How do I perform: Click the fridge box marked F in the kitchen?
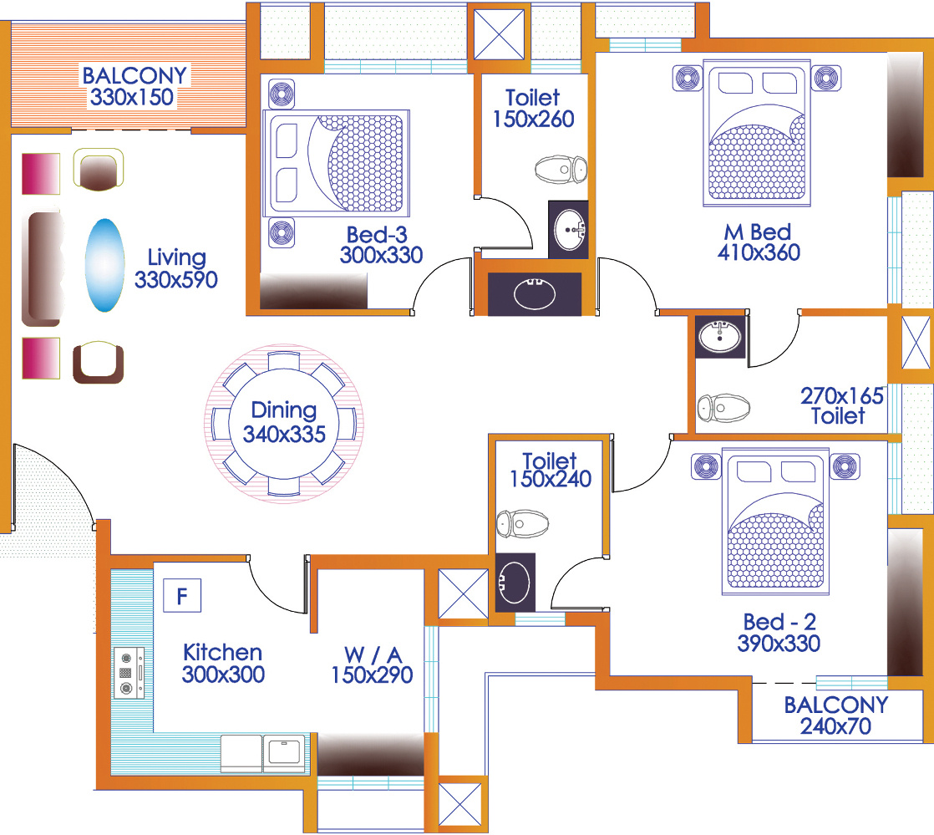(x=182, y=595)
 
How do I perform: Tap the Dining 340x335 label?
(x=284, y=422)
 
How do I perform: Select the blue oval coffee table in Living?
(x=104, y=265)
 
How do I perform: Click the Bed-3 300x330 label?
(x=381, y=245)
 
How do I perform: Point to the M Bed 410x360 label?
(x=759, y=242)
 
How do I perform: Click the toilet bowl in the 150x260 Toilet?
(x=561, y=170)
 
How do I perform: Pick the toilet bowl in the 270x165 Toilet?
(x=723, y=408)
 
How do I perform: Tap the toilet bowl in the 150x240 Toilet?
(x=522, y=524)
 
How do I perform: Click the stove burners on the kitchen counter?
(x=129, y=673)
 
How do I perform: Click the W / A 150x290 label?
(x=373, y=664)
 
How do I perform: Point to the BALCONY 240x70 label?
(x=835, y=715)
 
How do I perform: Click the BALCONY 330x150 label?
(x=135, y=86)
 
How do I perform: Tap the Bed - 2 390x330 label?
(x=779, y=633)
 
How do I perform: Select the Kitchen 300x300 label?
(x=223, y=664)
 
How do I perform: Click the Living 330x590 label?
(x=176, y=268)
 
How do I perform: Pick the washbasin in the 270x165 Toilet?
(x=719, y=337)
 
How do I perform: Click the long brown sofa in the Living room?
(x=43, y=269)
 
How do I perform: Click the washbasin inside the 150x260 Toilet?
(x=569, y=230)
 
